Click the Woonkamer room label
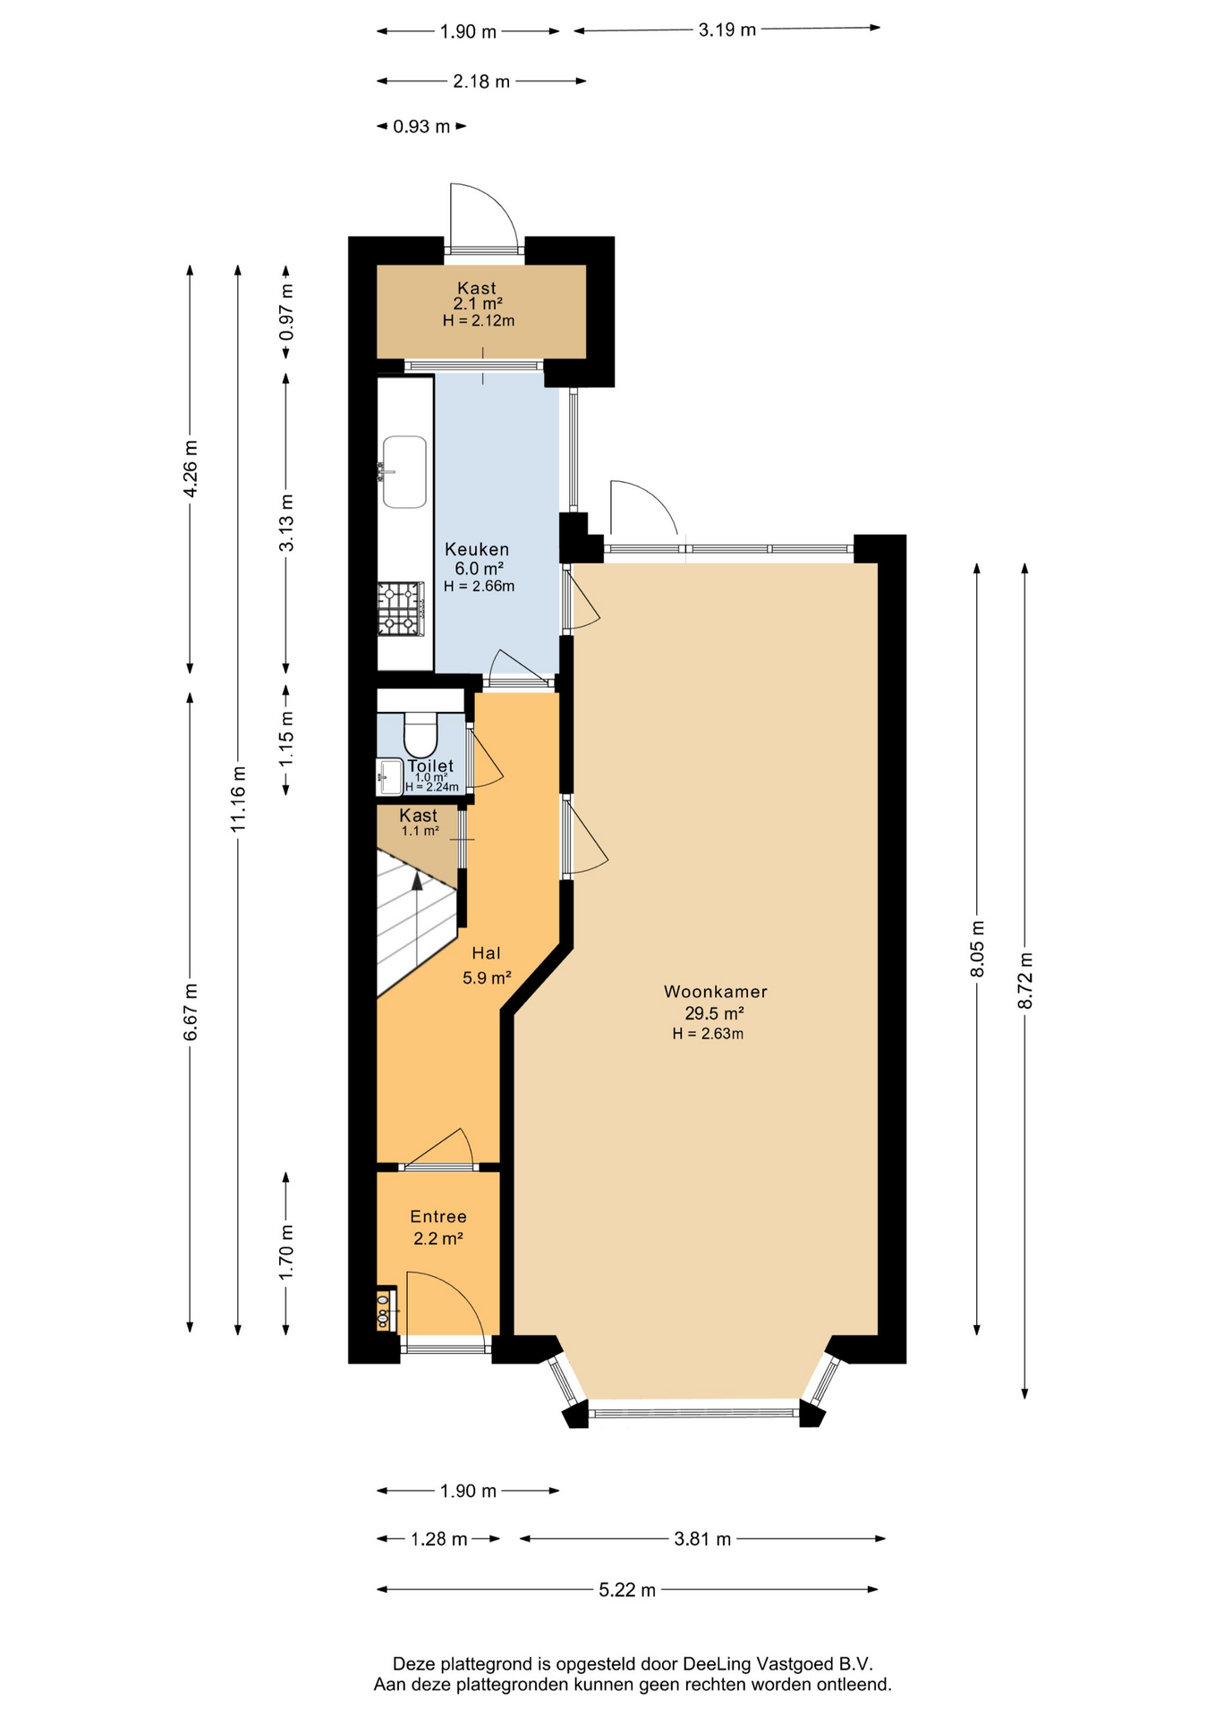click(x=716, y=992)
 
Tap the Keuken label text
click(x=477, y=549)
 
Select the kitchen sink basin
click(x=404, y=471)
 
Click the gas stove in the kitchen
click(x=400, y=609)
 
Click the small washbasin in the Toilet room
click(x=390, y=776)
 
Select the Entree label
click(x=438, y=1216)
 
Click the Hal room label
click(x=487, y=953)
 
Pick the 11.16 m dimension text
click(x=238, y=799)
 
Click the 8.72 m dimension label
click(x=1025, y=980)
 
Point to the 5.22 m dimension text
click(x=627, y=1589)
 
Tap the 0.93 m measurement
click(x=421, y=126)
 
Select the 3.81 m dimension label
click(x=702, y=1538)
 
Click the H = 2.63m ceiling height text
click(x=709, y=1034)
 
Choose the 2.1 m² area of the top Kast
click(x=478, y=304)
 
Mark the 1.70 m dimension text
click(x=286, y=1251)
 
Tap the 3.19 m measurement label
click(x=727, y=30)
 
